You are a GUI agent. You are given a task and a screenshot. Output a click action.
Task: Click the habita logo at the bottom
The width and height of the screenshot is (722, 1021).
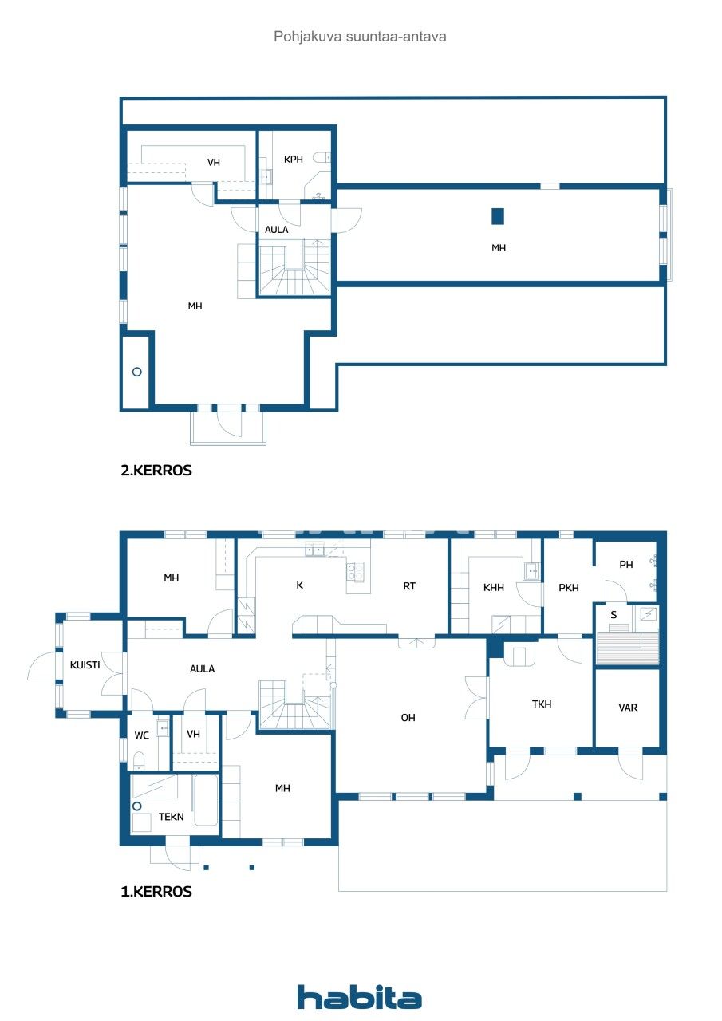(x=360, y=997)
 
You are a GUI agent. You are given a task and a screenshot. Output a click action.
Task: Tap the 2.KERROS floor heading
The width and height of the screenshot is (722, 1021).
(x=156, y=471)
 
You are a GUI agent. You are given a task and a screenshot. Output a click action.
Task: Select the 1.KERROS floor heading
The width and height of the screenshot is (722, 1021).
(x=156, y=892)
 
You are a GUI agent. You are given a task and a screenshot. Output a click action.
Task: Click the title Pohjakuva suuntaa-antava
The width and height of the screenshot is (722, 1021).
(x=360, y=37)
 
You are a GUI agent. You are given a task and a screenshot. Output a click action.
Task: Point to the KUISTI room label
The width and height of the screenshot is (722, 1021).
(x=85, y=664)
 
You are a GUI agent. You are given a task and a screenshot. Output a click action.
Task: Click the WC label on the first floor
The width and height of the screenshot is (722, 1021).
(x=142, y=735)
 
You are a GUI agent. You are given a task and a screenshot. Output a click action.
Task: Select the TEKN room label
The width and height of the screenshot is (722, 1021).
(x=171, y=817)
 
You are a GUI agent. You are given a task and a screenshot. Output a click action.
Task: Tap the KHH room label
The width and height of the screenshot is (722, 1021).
(x=494, y=588)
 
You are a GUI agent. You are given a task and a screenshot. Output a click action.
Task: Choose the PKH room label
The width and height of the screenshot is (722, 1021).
(x=569, y=588)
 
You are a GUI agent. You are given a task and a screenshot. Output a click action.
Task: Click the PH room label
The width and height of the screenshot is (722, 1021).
(x=626, y=565)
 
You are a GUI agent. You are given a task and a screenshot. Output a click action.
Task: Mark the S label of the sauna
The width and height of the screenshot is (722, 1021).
(x=613, y=615)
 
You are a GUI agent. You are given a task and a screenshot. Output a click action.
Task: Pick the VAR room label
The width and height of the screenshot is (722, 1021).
(x=628, y=708)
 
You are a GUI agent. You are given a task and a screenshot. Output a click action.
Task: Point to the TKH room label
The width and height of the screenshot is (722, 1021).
(x=542, y=704)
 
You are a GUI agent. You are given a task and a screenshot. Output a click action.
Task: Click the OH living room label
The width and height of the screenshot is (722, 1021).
(x=408, y=718)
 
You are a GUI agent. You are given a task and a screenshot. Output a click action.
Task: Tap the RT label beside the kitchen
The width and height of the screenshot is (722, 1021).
(x=409, y=586)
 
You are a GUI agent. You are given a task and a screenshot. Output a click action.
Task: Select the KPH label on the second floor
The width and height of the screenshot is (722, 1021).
(x=294, y=160)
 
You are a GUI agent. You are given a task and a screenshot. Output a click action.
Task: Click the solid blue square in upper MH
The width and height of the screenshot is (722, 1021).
(x=498, y=215)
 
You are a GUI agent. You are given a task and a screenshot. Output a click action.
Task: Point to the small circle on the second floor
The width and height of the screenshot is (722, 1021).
(x=136, y=372)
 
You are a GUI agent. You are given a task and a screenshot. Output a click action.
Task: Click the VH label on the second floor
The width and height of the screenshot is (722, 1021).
(x=214, y=163)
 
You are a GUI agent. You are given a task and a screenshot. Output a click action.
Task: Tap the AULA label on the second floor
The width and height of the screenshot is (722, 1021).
(x=277, y=230)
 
